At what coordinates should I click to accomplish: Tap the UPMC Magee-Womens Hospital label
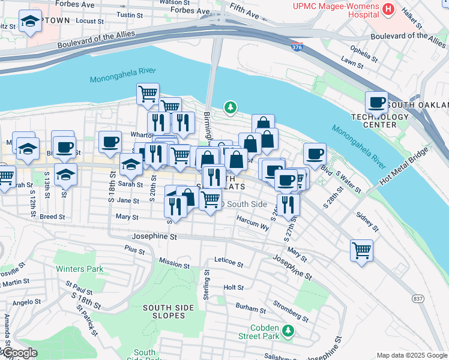coord(336,11)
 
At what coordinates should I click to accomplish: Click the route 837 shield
coord(418,298)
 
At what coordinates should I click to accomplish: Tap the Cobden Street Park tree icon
coord(289,331)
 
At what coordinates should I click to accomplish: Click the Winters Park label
coord(79,269)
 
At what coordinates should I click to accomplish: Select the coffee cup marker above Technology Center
coord(376,101)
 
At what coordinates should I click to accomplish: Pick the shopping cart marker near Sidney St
coord(361,250)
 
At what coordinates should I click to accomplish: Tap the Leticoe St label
coord(229,263)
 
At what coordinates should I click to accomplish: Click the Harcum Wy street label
coord(253,227)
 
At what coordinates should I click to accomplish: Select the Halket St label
coord(413,19)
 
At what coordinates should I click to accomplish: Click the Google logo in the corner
coord(19,353)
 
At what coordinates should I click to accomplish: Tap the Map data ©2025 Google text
coord(411,355)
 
